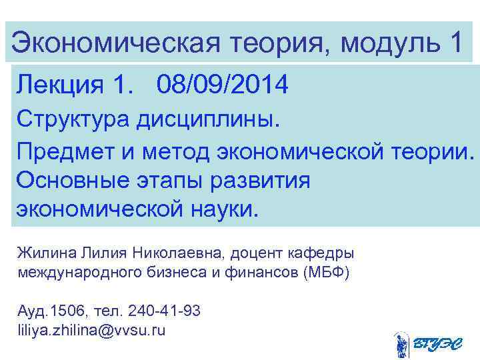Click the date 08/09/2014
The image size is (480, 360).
tap(223, 85)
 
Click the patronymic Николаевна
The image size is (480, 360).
tap(177, 254)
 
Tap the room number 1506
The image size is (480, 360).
tap(69, 311)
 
